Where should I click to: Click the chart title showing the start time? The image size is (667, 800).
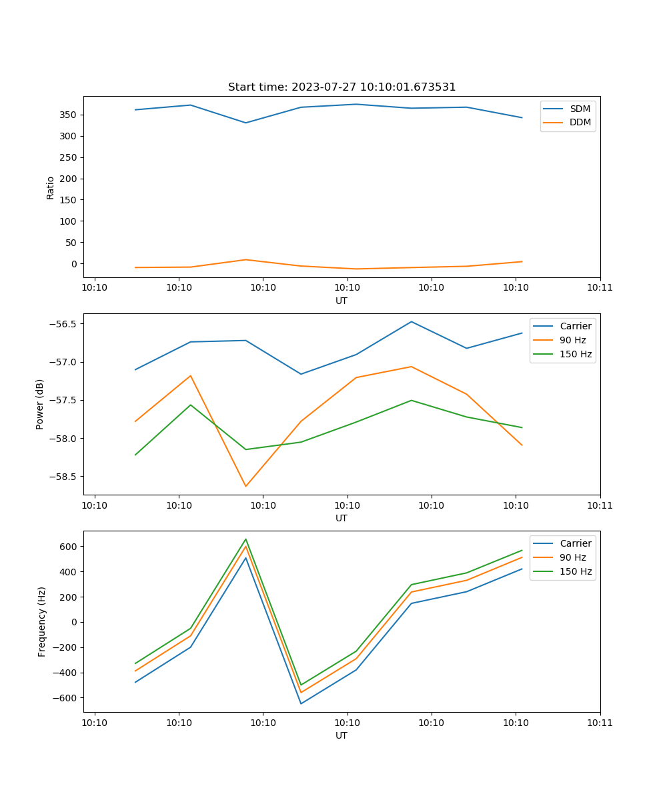(x=342, y=87)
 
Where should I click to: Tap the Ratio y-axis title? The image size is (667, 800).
(x=51, y=187)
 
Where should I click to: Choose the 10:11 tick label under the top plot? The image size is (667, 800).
(x=600, y=288)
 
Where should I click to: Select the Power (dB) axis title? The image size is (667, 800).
(x=40, y=404)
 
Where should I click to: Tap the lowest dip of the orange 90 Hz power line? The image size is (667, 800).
(x=245, y=486)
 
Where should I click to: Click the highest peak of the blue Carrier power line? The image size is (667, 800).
(x=412, y=322)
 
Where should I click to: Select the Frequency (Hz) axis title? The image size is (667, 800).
(x=42, y=621)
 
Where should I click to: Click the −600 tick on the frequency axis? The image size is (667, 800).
(x=66, y=698)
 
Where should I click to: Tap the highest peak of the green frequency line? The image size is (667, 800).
(x=245, y=539)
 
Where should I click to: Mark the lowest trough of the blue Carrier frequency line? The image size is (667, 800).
(x=301, y=703)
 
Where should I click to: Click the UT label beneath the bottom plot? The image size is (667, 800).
(x=342, y=736)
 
